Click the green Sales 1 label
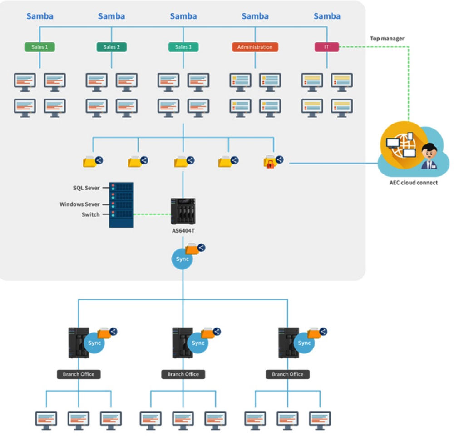[x=39, y=47]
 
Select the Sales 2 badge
[x=112, y=47]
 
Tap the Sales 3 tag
[x=183, y=47]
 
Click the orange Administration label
[x=255, y=47]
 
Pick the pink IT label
[x=326, y=47]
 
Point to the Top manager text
[x=387, y=38]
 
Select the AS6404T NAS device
[x=183, y=211]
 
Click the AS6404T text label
[x=183, y=231]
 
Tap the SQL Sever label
[x=86, y=188]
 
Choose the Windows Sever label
[x=79, y=204]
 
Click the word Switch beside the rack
[x=91, y=214]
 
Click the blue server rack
[x=121, y=205]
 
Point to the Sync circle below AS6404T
[x=182, y=259]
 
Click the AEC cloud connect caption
[x=414, y=183]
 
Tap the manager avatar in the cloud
[x=429, y=156]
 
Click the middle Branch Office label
[x=183, y=374]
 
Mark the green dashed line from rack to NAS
[x=152, y=214]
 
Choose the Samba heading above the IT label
[x=327, y=16]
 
